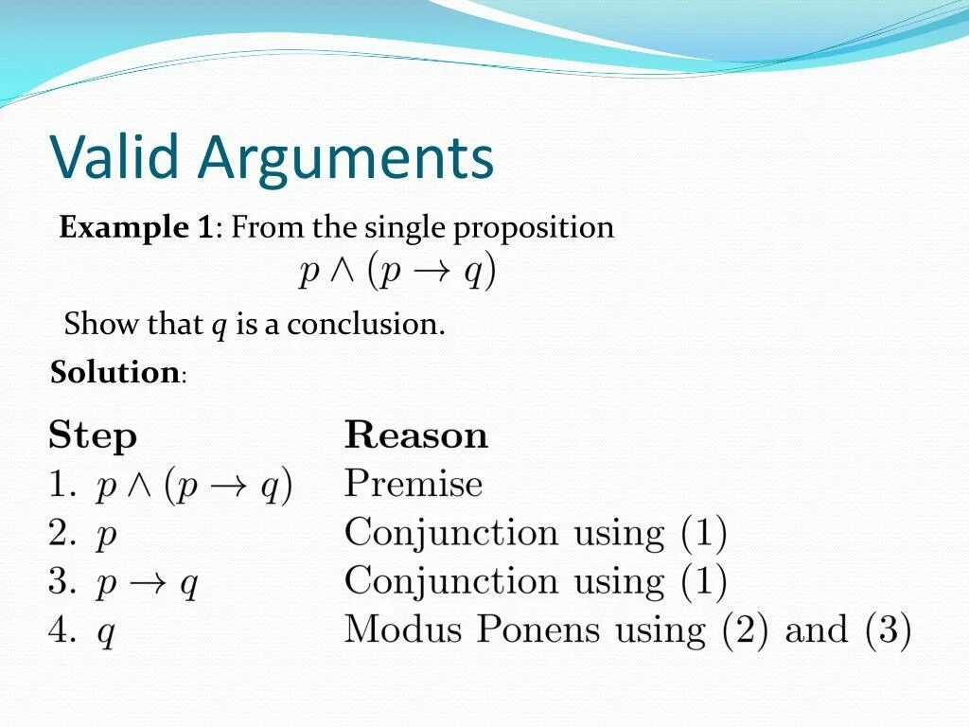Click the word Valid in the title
tap(114, 157)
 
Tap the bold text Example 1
tap(136, 227)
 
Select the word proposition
tap(533, 229)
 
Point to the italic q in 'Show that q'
tap(219, 327)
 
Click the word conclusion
tap(365, 325)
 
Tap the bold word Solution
tap(115, 372)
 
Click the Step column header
tap(93, 437)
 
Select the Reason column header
tap(416, 435)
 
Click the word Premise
tap(414, 484)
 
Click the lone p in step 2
tap(107, 537)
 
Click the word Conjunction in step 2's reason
tap(451, 533)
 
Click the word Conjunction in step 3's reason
tap(451, 581)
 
